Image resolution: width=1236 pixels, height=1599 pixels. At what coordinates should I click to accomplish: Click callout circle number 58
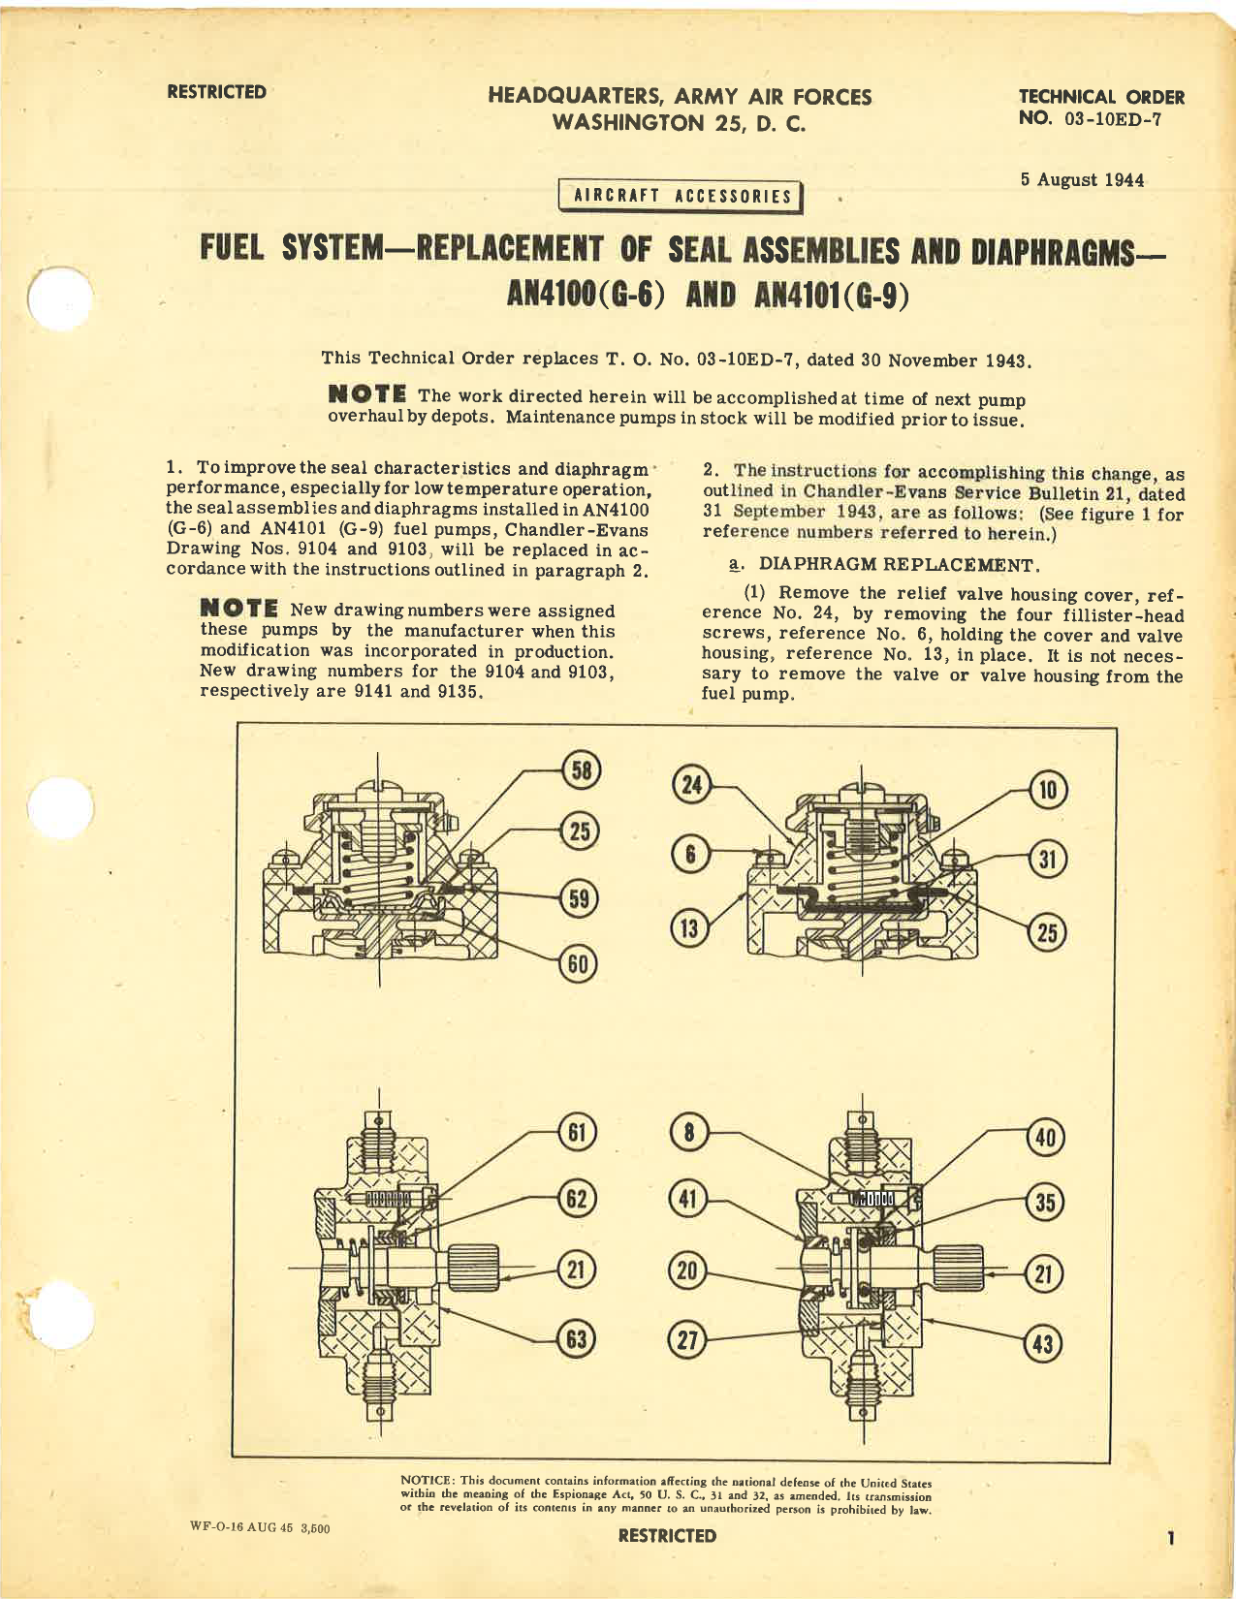coord(582,771)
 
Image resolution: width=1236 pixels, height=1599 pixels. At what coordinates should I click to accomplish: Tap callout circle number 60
coord(579,963)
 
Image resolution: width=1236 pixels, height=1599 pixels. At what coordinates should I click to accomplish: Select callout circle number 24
coord(691,784)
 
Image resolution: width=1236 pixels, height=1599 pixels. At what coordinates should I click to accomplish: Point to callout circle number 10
coord(1048,790)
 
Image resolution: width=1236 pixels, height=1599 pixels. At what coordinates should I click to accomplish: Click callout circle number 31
coord(1047,860)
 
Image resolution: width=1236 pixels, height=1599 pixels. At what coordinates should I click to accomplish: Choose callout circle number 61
coord(578,1132)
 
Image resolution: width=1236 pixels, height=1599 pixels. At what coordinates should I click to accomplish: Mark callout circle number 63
coord(577,1339)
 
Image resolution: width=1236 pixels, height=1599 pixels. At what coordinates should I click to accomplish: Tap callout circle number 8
coord(689,1133)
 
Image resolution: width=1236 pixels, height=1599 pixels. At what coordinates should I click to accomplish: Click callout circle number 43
coord(1044,1344)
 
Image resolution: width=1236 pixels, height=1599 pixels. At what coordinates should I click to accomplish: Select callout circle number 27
coord(687,1340)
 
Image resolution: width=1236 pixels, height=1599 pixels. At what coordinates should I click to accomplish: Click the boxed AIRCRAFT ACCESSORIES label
coord(682,196)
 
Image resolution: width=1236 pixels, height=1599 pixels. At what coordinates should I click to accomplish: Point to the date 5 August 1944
coord(1082,180)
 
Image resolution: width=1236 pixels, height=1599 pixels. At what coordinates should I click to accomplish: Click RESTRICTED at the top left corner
coord(216,92)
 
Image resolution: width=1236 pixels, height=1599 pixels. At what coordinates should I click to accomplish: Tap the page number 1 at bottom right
coord(1171,1537)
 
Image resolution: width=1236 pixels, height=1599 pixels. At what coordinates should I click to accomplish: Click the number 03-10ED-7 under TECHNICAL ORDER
coord(1113,120)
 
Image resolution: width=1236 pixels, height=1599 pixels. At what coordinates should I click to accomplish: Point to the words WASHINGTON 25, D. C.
coord(679,123)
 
